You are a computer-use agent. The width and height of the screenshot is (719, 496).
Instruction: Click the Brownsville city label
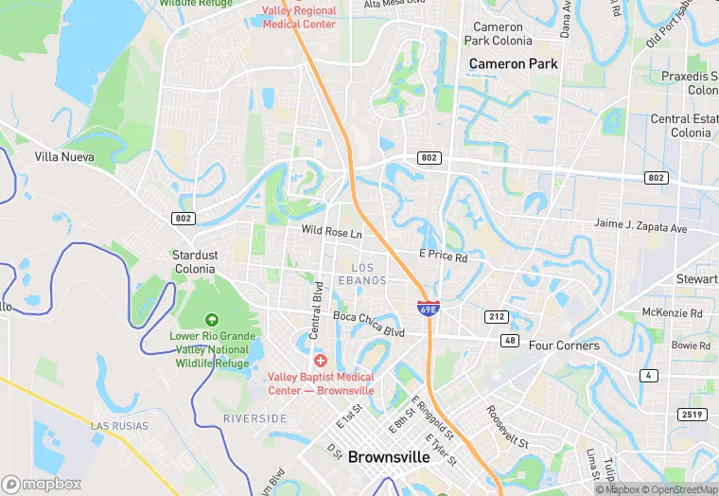389,456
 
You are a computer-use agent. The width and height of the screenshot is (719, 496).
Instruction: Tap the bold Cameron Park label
514,63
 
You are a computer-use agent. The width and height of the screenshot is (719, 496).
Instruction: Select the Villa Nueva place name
64,156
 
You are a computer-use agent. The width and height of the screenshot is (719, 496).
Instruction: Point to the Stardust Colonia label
194,261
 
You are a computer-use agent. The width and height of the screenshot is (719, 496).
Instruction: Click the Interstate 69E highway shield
428,307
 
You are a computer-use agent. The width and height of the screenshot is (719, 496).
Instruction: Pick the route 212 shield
497,316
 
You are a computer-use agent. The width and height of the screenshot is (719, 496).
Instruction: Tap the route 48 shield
511,340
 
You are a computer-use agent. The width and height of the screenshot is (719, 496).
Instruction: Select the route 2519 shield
693,415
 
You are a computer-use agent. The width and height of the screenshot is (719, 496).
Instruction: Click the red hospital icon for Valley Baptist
320,361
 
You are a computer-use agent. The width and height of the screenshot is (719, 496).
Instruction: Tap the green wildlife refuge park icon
211,320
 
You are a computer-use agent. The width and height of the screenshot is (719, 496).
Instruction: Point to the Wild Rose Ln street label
331,232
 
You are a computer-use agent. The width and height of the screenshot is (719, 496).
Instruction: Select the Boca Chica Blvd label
368,324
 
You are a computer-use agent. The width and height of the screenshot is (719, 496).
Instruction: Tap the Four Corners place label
564,345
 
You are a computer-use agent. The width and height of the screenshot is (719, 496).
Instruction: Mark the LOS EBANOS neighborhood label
362,275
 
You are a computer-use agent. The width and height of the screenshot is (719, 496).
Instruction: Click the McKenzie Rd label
672,312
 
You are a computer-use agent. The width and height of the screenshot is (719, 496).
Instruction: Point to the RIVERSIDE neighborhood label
254,418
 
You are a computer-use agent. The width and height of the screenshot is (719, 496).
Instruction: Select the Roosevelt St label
507,426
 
